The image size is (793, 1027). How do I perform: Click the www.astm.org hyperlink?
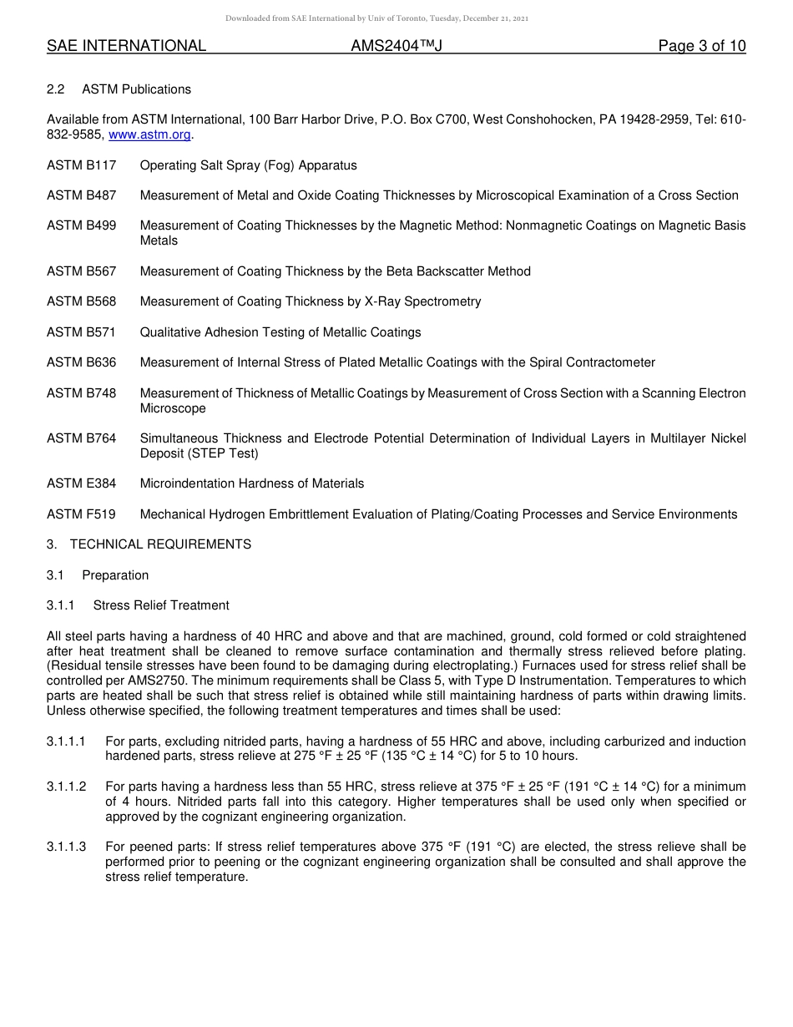(149, 134)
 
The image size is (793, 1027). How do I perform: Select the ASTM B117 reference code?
(82, 165)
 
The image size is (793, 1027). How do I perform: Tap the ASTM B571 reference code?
(82, 332)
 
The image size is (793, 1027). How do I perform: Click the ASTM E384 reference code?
(82, 483)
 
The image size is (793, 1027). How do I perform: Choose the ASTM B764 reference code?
(82, 438)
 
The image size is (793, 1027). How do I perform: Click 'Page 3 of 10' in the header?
(701, 46)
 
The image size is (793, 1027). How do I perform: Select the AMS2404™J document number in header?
(396, 46)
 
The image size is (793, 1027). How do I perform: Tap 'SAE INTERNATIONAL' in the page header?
(126, 46)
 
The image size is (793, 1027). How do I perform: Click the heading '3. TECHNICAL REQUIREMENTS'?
(149, 544)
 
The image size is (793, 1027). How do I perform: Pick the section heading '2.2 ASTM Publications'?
(119, 89)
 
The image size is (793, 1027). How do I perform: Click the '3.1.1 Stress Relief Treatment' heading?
(138, 605)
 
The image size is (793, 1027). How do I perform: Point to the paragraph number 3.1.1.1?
(67, 741)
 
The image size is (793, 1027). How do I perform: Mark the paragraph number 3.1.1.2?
(67, 787)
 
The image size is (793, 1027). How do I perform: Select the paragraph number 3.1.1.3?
(67, 847)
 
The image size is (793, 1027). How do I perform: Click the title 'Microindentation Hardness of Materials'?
(252, 483)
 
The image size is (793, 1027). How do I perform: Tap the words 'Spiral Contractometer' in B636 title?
(593, 362)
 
